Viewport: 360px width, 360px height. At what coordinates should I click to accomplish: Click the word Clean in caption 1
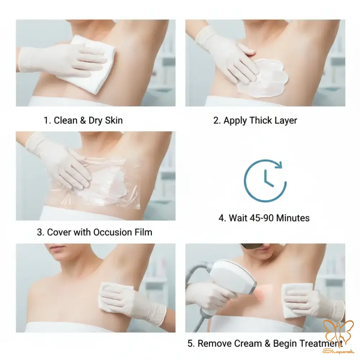66,120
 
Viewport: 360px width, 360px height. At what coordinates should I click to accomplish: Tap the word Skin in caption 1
114,120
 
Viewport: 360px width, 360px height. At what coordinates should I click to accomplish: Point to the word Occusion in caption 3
112,232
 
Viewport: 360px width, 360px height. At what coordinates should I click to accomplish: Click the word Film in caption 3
144,232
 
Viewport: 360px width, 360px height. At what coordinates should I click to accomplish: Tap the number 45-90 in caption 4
261,218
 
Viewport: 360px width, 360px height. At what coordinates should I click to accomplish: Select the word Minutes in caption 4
293,218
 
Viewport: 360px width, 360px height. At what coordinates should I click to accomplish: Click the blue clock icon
265,181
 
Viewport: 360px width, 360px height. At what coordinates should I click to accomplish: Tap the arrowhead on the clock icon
279,165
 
